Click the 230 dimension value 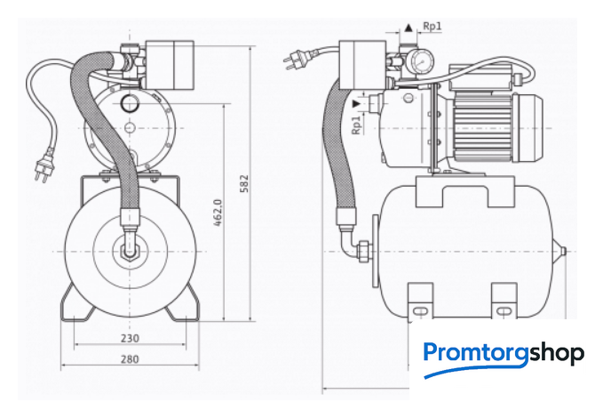130,338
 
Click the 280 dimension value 130,359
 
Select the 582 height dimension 245,183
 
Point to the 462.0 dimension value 218,213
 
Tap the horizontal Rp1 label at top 432,26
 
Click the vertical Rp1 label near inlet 355,125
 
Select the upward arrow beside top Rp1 409,28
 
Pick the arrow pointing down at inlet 356,103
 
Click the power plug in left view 44,166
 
